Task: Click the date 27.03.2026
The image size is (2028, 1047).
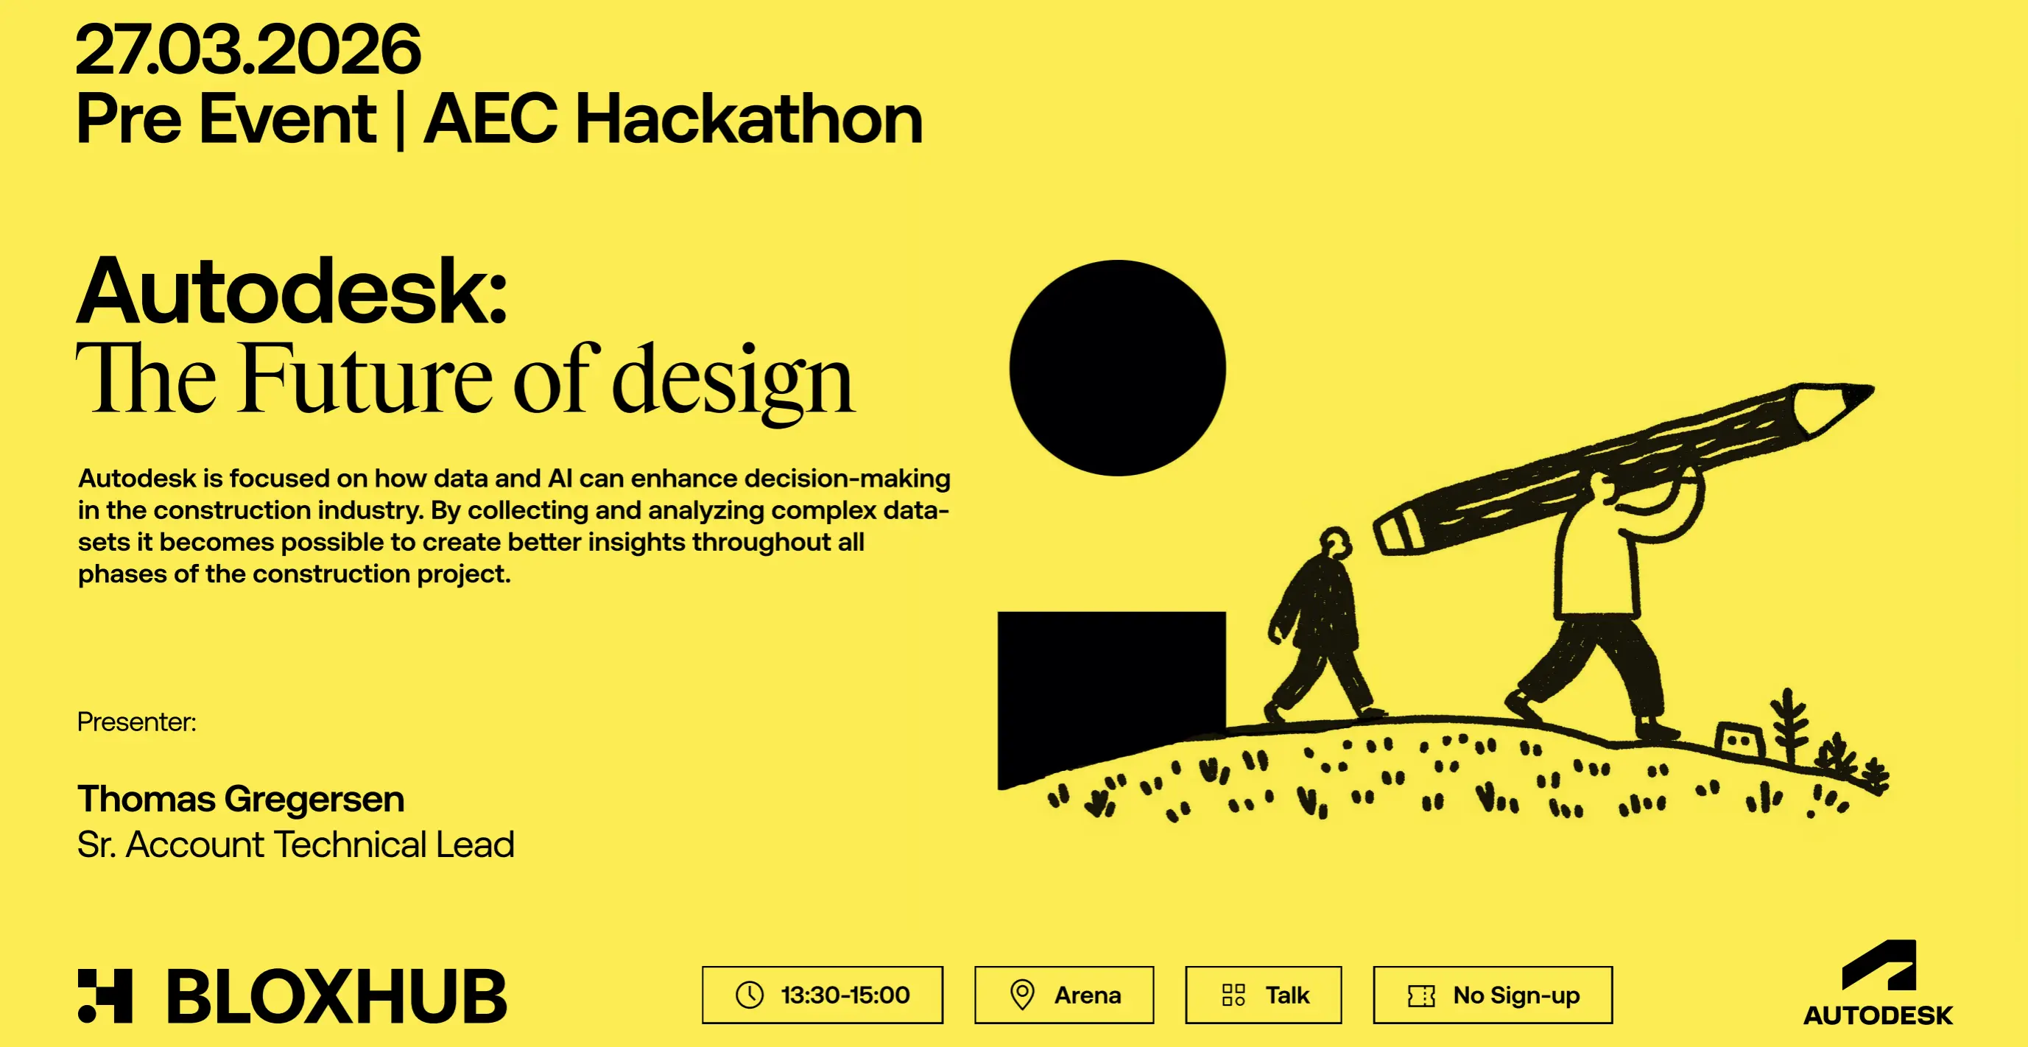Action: click(248, 49)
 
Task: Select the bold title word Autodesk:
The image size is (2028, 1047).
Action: click(292, 291)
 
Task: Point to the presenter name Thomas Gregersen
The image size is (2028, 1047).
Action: click(241, 798)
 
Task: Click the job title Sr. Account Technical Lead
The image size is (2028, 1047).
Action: click(296, 845)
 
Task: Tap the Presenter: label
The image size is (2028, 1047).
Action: click(137, 722)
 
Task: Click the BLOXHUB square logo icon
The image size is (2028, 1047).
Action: click(105, 996)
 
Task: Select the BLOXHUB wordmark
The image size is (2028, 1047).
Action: click(337, 997)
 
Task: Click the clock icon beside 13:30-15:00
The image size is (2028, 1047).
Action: click(750, 995)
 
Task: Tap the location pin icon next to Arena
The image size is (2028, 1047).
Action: click(1022, 995)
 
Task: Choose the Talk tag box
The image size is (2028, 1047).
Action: click(1264, 995)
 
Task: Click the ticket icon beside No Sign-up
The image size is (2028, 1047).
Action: click(1421, 996)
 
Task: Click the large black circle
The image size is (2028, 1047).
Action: click(1118, 367)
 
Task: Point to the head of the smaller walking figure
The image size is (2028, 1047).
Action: click(1336, 543)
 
